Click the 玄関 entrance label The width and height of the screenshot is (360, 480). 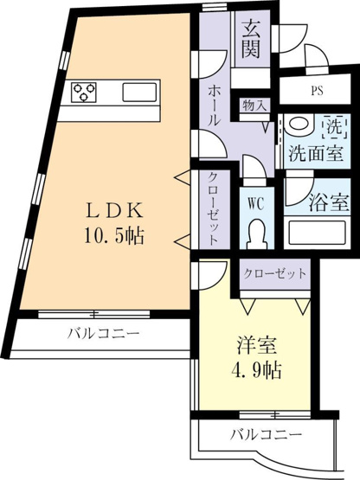coord(251,38)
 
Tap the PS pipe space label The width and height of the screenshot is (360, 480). coord(317,91)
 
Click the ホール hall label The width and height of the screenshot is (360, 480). coord(214,105)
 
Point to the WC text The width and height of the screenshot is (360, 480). coord(256,204)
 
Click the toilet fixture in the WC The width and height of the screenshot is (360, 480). coord(257,234)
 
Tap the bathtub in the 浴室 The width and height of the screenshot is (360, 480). coord(317,232)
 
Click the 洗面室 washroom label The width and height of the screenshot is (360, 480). coord(316,153)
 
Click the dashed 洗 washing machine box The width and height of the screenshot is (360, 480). coord(335,126)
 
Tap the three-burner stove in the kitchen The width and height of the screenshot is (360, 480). coord(84,92)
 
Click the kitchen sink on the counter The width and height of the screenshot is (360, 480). coord(139,92)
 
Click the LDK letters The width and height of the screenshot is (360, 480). coord(114,212)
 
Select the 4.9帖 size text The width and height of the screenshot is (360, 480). coord(255,370)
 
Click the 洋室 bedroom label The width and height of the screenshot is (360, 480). coord(257,346)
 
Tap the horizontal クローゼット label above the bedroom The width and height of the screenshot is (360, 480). coord(275,273)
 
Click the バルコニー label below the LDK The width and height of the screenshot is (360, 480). coord(104,332)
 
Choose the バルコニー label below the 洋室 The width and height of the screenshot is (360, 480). coord(267,434)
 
